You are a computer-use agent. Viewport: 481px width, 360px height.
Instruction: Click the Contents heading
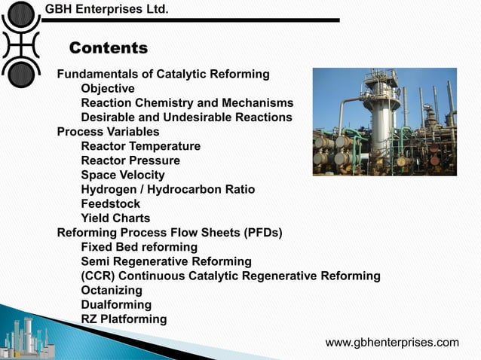(109, 49)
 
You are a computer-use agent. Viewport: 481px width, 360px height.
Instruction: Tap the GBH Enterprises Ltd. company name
(106, 9)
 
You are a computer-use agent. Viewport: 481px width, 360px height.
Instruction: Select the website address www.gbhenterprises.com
(392, 343)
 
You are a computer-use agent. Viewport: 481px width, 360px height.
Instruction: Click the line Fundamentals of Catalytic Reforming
(164, 74)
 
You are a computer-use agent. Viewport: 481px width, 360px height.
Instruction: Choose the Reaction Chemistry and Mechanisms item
(187, 103)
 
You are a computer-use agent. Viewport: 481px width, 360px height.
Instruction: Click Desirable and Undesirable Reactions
(186, 117)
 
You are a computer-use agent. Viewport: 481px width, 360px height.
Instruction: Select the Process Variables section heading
(108, 132)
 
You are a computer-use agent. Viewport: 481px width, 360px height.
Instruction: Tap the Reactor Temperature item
(140, 146)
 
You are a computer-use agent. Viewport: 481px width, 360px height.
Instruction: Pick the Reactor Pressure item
(130, 160)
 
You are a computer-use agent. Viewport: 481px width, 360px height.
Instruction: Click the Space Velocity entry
(123, 175)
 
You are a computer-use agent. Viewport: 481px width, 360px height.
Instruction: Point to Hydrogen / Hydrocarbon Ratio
(167, 189)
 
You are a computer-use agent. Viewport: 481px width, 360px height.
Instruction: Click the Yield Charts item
(115, 218)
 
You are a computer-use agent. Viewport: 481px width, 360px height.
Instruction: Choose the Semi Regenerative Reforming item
(166, 261)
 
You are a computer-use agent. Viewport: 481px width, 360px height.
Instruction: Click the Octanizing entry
(112, 290)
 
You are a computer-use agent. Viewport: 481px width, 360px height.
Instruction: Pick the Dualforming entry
(116, 305)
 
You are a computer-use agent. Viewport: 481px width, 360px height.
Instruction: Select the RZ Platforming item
(124, 319)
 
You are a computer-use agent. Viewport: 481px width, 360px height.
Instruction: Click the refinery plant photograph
(384, 121)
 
